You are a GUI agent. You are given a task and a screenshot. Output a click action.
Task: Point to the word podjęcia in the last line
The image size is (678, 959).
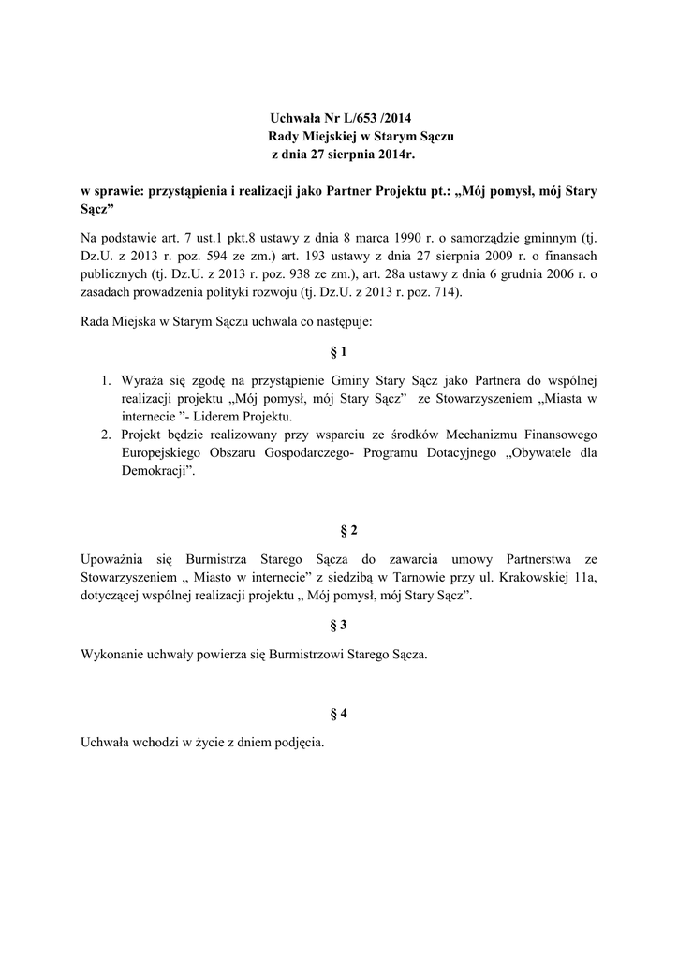coord(294,744)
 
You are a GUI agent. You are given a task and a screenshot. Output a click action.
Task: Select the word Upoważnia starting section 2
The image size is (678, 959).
coord(114,559)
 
